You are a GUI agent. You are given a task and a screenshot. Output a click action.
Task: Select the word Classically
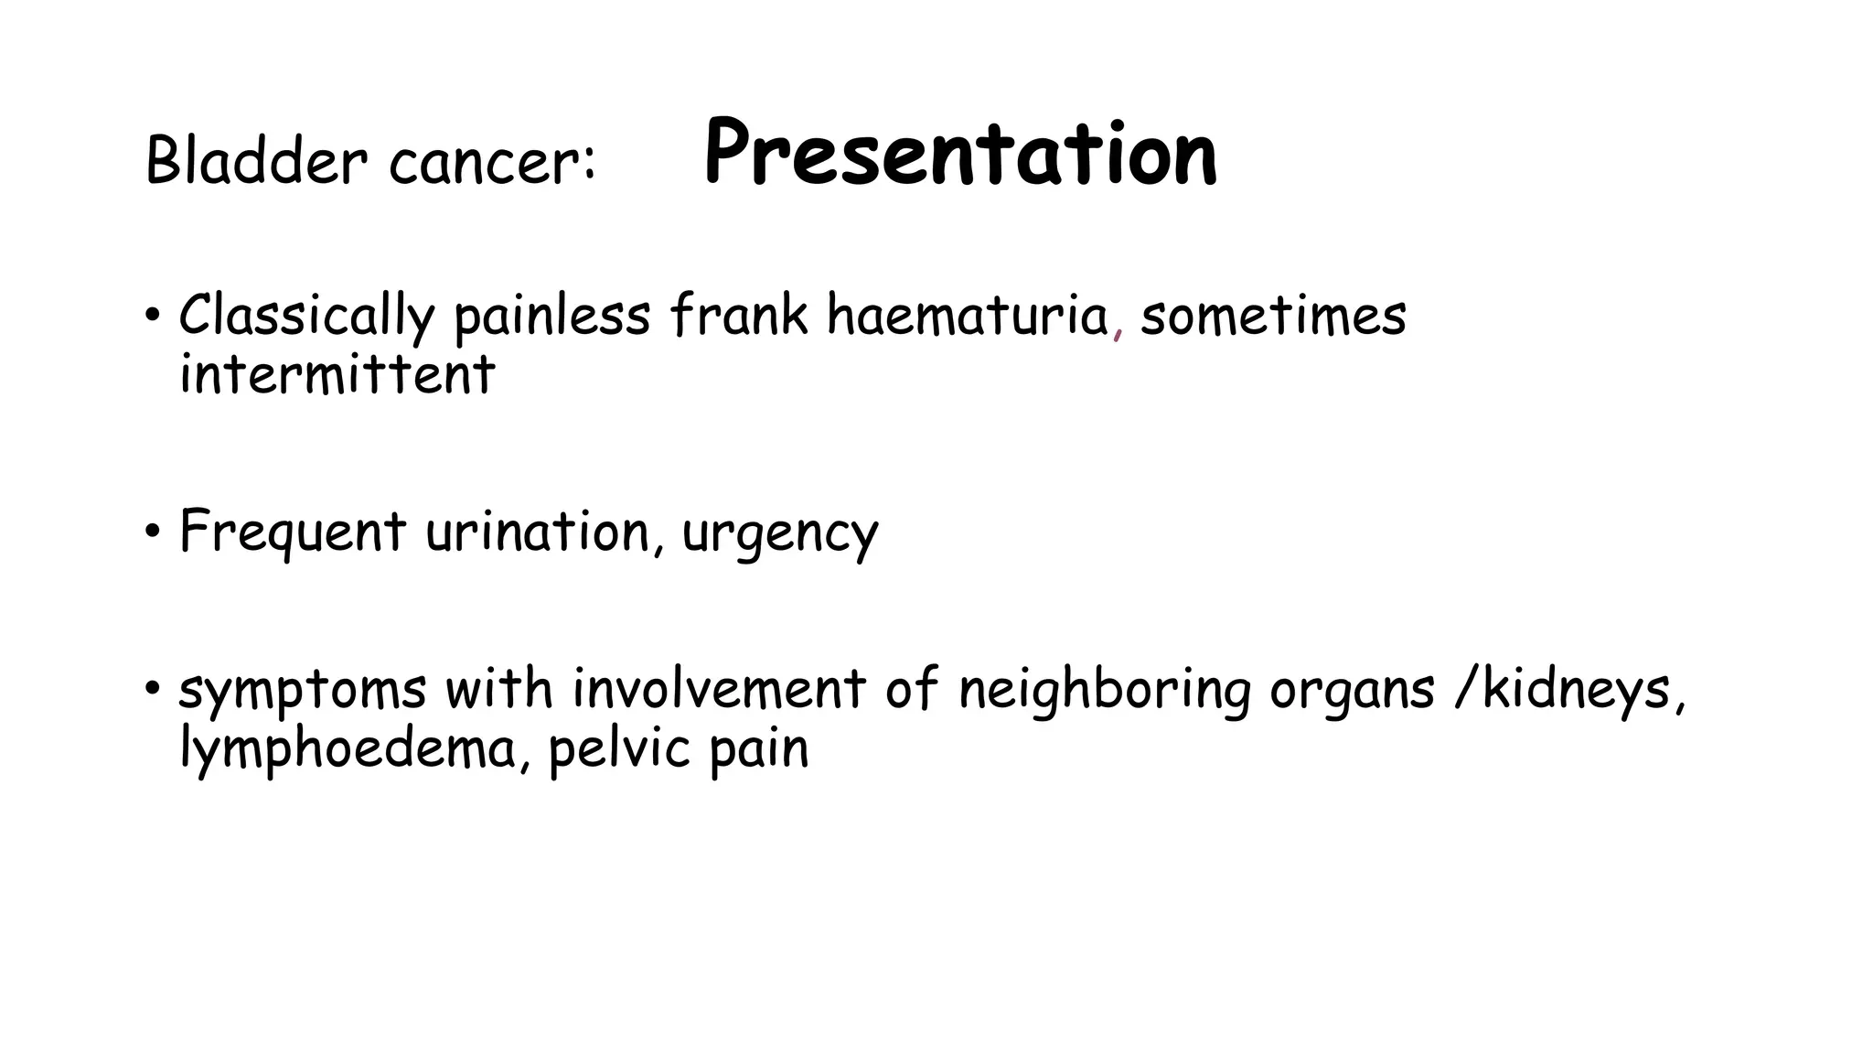point(305,317)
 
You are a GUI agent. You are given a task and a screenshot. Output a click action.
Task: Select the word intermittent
point(337,375)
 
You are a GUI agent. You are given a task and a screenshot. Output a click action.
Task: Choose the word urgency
point(779,535)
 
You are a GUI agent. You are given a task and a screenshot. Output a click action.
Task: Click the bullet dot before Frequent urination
point(152,532)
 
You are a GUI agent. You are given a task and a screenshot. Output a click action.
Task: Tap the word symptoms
point(302,692)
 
